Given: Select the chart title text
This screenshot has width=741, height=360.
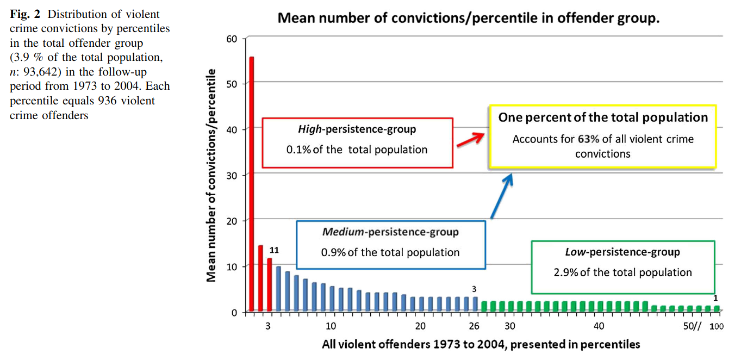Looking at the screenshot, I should [x=469, y=17].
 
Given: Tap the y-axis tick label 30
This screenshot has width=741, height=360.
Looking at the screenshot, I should [x=232, y=175].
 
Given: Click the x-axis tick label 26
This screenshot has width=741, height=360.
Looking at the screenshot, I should [x=475, y=326].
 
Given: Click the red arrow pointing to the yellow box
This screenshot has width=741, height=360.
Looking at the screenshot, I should [x=470, y=139].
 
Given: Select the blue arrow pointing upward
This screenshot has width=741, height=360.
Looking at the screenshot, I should [x=502, y=196].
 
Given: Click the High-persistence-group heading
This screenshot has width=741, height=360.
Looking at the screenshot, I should [x=357, y=129].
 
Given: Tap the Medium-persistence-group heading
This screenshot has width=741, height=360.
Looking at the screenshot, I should [x=390, y=232].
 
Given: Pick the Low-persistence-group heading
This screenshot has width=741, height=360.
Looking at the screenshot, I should [x=622, y=252].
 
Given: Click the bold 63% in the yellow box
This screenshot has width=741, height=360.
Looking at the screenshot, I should [x=588, y=139].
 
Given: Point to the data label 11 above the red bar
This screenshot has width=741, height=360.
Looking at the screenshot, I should [x=275, y=250].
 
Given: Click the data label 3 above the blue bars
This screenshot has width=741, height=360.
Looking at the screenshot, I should [x=474, y=289].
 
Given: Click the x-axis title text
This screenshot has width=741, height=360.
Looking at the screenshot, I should [x=481, y=344].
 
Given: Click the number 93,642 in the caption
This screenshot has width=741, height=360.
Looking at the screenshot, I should [x=40, y=72].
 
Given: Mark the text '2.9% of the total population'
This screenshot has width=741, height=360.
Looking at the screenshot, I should [x=622, y=272].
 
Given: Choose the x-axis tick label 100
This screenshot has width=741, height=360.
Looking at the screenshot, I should [x=717, y=326].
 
